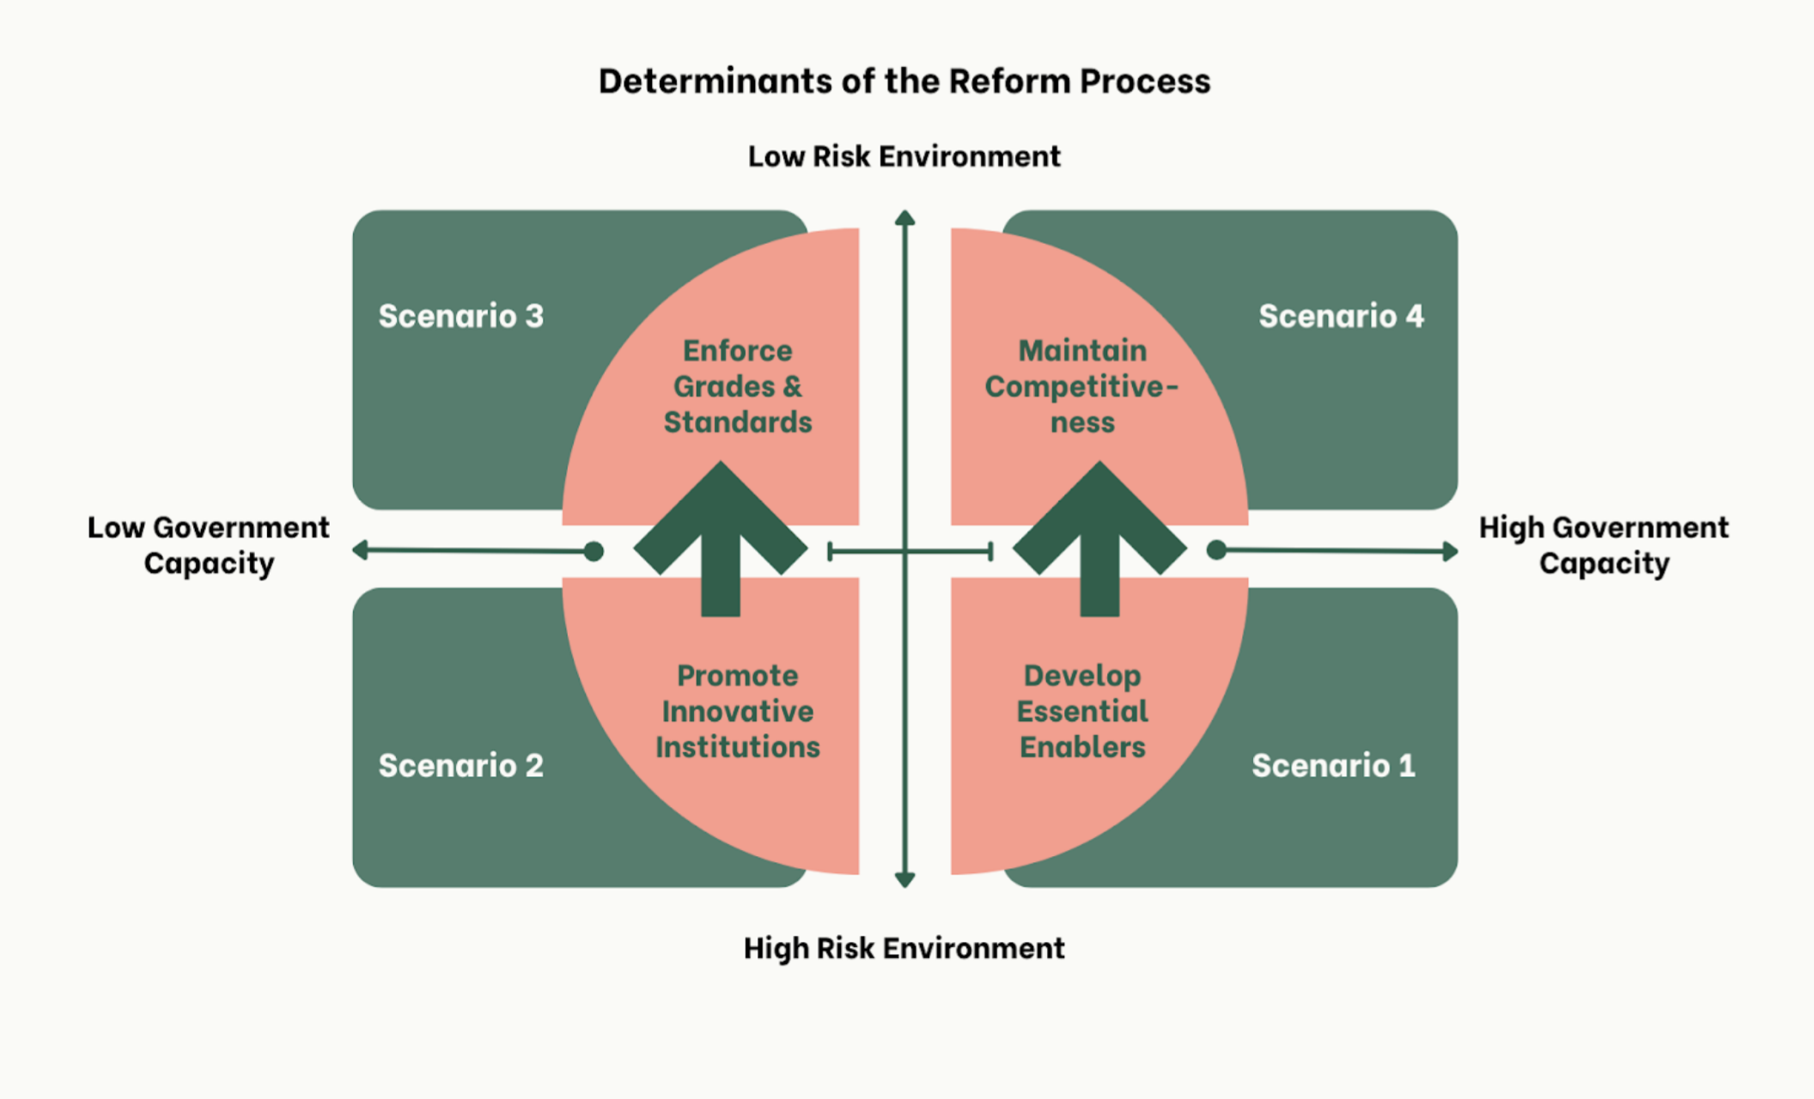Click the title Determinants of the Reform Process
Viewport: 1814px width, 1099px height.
[x=904, y=82]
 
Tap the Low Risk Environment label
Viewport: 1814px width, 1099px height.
[x=904, y=156]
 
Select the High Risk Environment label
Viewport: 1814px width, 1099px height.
[x=904, y=948]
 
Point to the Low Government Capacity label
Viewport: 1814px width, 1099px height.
[x=208, y=545]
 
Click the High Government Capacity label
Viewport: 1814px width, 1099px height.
[x=1604, y=545]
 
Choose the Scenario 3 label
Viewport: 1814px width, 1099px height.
[x=461, y=316]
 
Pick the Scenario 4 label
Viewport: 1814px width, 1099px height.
[x=1341, y=316]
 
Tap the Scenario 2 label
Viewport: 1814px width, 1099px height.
[x=461, y=765]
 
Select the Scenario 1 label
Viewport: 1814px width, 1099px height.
[x=1333, y=765]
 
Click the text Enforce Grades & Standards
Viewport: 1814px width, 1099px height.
[x=738, y=386]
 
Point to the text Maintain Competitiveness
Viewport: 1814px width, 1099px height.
[x=1082, y=386]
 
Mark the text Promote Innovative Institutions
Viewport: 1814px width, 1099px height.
[x=738, y=711]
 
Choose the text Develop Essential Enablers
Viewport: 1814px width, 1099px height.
[x=1082, y=711]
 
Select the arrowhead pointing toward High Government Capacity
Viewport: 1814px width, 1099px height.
[x=1450, y=550]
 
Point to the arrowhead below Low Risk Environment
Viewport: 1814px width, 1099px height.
[x=904, y=218]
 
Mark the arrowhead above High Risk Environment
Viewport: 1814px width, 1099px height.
[x=904, y=879]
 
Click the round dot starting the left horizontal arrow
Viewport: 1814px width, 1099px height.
[x=594, y=551]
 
